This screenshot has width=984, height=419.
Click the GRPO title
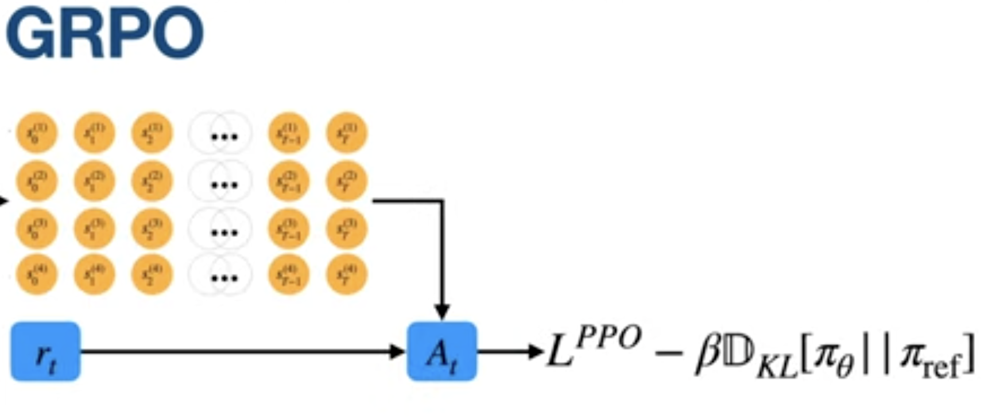[x=104, y=33]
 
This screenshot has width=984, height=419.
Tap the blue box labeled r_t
[x=45, y=351]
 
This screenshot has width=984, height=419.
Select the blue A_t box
[x=441, y=351]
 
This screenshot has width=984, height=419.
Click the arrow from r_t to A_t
[x=241, y=351]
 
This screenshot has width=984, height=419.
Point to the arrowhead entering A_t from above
[x=441, y=312]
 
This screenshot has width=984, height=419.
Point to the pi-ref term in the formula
[x=929, y=359]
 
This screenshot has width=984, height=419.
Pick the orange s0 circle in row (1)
[x=36, y=133]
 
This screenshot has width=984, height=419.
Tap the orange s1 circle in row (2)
[x=94, y=181]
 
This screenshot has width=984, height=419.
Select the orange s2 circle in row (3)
[x=152, y=228]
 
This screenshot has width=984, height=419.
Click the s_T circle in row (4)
[x=346, y=274]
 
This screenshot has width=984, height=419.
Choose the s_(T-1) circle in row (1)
[x=289, y=133]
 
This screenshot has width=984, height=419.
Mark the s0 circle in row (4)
[x=36, y=274]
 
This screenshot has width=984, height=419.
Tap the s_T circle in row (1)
[x=346, y=133]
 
